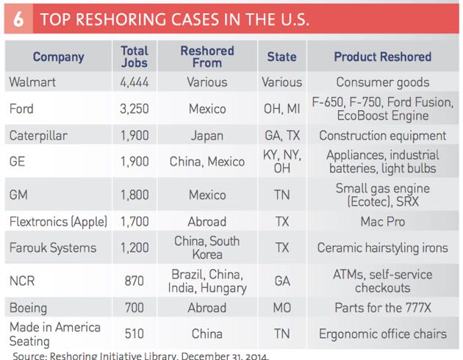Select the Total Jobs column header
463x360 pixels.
[x=134, y=57]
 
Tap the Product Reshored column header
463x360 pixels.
[x=382, y=57]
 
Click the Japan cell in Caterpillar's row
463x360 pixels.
[x=207, y=135]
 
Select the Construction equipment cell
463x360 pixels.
[x=382, y=135]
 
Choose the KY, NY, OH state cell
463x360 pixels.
[x=281, y=162]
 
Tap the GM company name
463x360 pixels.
[x=19, y=195]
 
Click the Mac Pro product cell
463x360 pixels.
[x=382, y=221]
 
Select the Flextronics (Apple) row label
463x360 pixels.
[x=58, y=221]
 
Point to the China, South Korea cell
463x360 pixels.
[x=207, y=248]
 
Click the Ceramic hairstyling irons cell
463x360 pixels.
[x=382, y=248]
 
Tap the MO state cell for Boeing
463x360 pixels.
[x=281, y=307]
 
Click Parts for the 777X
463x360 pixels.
[x=382, y=307]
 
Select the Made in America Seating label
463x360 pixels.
[x=54, y=334]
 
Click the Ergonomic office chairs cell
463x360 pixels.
[x=382, y=334]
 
